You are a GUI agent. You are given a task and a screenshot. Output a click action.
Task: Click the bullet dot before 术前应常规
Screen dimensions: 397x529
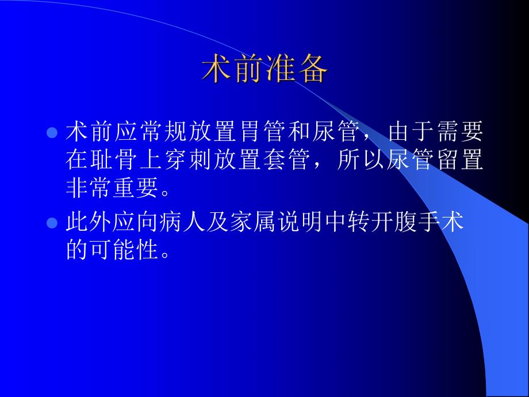[51, 133]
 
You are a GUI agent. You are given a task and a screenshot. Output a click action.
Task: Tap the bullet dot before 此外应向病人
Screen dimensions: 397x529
[51, 222]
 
